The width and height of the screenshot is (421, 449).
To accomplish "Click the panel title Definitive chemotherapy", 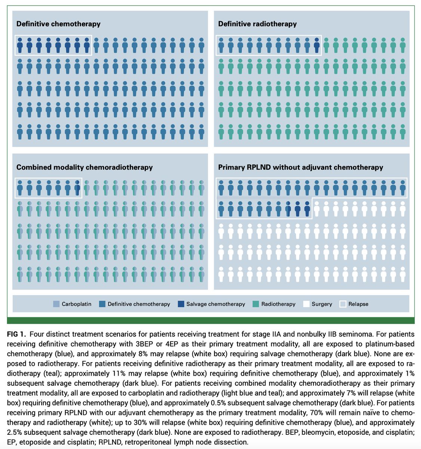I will click(x=58, y=24).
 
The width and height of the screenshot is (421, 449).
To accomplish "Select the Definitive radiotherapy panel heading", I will click(x=257, y=24).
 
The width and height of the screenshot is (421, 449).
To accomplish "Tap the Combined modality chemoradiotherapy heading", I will click(x=84, y=167).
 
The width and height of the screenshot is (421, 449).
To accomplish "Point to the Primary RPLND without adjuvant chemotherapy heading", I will click(x=301, y=167).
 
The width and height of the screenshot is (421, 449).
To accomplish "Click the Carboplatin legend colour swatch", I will click(x=56, y=304).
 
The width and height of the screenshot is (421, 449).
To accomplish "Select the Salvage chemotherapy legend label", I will click(x=216, y=304).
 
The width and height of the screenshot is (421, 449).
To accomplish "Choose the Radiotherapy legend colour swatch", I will click(x=256, y=304).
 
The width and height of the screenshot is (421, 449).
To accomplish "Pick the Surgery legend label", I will click(x=322, y=304).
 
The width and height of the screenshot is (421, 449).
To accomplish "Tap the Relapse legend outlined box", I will click(x=343, y=304).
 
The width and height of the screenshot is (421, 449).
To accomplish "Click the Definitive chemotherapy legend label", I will click(x=139, y=304).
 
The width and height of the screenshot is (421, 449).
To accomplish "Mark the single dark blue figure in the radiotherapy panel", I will click(x=317, y=45).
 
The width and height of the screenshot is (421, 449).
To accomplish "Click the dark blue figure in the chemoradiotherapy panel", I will click(x=77, y=188).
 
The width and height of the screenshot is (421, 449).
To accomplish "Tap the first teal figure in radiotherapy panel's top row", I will click(x=326, y=45).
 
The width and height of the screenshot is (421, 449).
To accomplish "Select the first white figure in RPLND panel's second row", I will click(x=317, y=209).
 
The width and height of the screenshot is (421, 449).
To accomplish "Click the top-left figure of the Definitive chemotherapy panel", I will click(x=20, y=45).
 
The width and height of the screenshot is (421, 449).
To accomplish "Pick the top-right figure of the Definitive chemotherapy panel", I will click(x=202, y=45).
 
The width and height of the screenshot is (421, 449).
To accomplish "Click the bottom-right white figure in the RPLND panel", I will click(x=402, y=274).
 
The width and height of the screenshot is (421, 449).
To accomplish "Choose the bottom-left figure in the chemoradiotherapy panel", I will click(x=20, y=274).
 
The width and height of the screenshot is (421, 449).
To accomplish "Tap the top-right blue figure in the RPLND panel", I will click(x=402, y=188).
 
